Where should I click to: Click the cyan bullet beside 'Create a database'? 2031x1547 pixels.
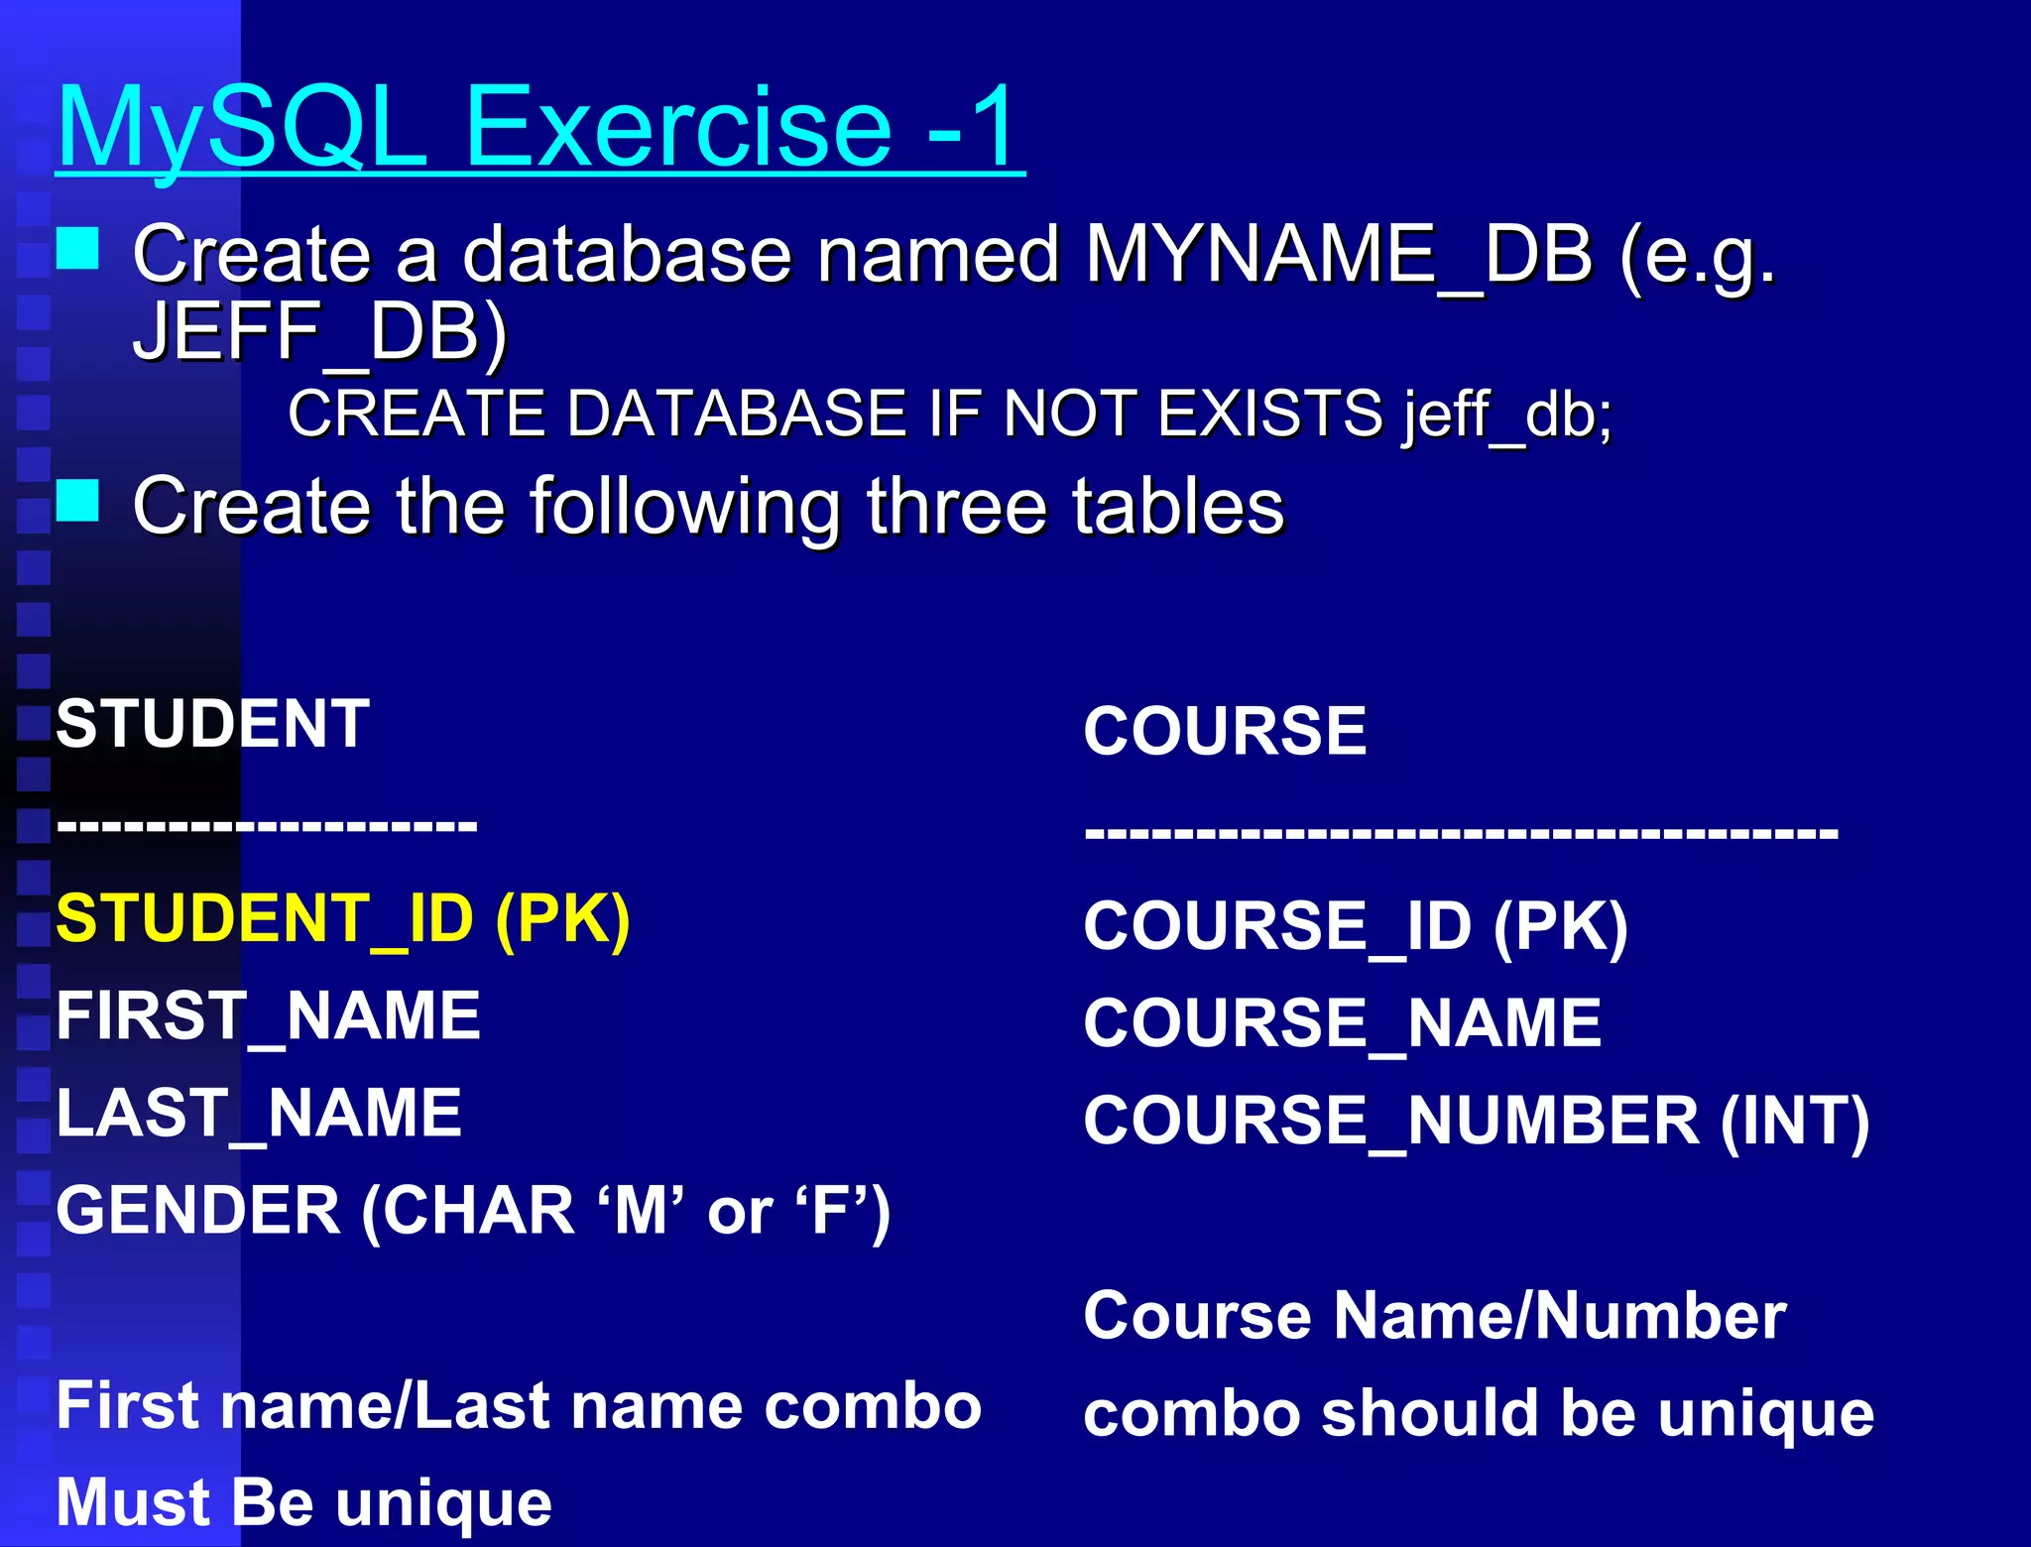click(77, 249)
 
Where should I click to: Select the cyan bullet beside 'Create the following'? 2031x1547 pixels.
click(77, 501)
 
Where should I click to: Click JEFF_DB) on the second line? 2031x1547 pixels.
click(319, 331)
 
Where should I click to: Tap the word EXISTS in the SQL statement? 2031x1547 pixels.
click(1269, 413)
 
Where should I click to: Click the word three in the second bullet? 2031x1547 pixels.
click(956, 506)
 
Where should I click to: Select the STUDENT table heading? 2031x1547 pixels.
click(213, 723)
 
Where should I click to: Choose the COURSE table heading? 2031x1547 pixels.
click(1225, 731)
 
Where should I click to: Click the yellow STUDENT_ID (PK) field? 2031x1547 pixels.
click(343, 918)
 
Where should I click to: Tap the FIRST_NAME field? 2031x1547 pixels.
click(268, 1015)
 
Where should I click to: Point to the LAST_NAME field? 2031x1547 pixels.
click(259, 1113)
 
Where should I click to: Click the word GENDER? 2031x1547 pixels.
click(198, 1210)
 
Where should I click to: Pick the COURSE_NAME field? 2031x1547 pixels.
click(1342, 1023)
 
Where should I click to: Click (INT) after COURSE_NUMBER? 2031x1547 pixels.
click(1795, 1121)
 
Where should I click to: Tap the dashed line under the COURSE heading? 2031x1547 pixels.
click(1461, 831)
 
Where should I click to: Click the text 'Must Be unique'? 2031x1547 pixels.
click(303, 1501)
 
